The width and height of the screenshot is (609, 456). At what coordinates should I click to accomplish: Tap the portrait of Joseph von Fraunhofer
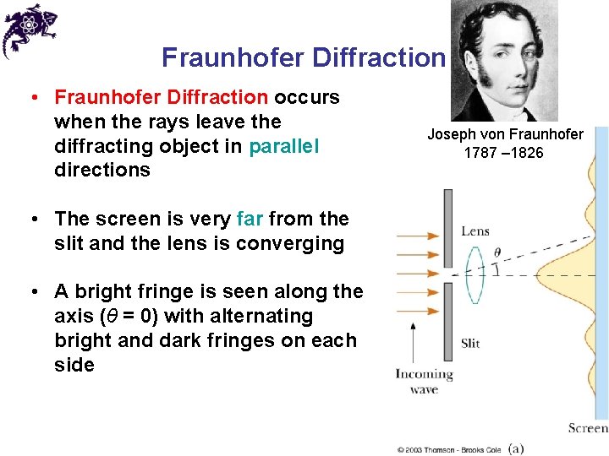(503, 61)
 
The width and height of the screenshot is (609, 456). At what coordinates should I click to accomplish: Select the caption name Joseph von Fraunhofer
(505, 134)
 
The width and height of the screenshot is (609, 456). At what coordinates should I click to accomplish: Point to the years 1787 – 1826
(504, 153)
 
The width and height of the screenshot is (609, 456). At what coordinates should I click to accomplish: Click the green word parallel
(284, 145)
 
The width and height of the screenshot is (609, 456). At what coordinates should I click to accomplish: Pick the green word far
(250, 219)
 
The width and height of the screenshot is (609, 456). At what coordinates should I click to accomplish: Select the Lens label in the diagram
(475, 231)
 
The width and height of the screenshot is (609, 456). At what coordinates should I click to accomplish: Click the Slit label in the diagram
(471, 344)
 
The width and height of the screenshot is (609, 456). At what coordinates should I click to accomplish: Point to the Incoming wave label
(424, 381)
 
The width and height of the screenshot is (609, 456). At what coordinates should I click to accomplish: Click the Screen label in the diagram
(588, 428)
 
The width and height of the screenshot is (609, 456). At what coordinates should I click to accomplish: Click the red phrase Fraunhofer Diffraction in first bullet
(162, 97)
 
